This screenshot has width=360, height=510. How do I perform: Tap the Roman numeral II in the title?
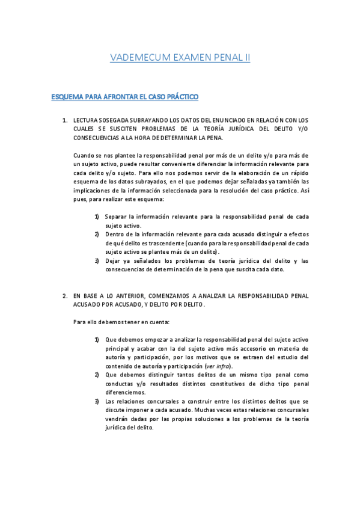[x=245, y=58]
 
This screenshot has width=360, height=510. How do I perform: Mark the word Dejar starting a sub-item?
[x=114, y=260]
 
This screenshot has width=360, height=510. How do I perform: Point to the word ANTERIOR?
[x=118, y=296]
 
